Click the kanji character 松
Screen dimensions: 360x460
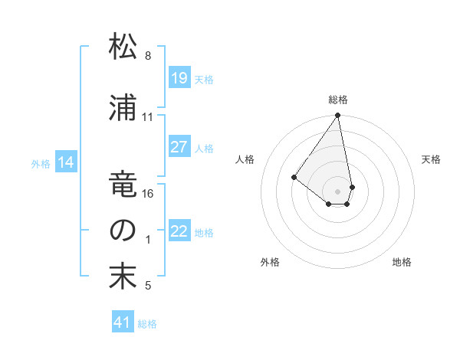point(123,47)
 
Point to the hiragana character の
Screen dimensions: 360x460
point(123,231)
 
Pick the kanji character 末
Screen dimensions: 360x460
point(123,277)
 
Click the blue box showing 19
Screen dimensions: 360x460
point(179,77)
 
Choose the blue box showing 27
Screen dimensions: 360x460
point(179,147)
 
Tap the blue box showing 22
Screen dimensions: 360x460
point(179,232)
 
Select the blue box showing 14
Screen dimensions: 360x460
point(66,162)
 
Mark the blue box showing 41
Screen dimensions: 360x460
point(123,322)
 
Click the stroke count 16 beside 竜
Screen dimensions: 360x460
point(148,194)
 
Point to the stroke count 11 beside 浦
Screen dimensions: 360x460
point(148,117)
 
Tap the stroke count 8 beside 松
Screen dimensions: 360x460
point(148,56)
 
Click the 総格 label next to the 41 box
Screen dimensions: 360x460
point(147,324)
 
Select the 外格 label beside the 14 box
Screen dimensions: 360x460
point(41,163)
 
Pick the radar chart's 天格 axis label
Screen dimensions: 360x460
point(432,159)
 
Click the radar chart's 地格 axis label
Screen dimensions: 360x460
point(402,262)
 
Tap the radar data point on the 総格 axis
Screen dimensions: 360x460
point(337,116)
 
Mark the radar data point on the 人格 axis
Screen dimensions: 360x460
point(294,177)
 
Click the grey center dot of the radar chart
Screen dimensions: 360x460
point(337,190)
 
